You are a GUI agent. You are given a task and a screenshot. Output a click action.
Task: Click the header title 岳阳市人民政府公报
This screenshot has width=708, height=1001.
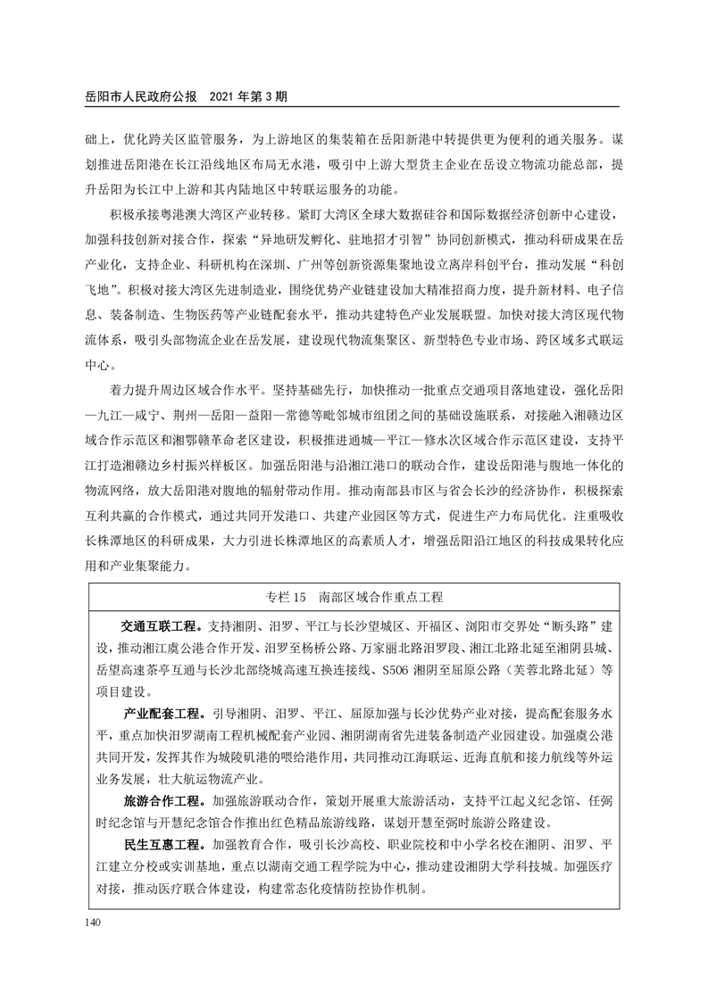(x=143, y=95)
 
